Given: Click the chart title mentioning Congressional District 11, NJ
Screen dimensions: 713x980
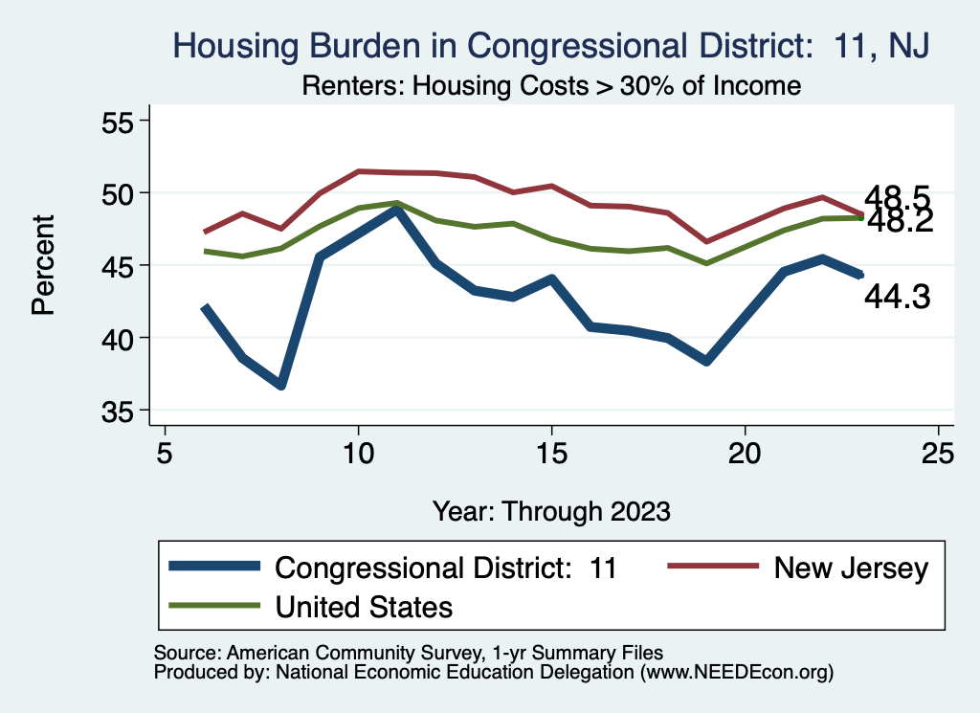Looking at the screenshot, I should pos(549,45).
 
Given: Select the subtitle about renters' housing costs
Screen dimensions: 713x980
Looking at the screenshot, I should pos(551,85).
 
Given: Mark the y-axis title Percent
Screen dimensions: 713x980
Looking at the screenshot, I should pos(42,266).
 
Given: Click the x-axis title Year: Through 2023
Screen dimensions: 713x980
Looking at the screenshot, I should pos(551,509).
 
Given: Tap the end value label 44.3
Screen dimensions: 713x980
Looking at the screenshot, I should pos(897,298).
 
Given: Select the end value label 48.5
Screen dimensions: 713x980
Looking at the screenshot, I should pos(897,198).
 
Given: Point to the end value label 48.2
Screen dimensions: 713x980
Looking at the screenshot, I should pos(897,221).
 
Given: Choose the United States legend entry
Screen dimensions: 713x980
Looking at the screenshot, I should pos(364,606).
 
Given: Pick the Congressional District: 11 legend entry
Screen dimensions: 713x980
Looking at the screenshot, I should pos(445,568).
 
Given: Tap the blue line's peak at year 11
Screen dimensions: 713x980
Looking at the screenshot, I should pos(396,209).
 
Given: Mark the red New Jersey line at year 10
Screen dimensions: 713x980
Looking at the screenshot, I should pos(358,171).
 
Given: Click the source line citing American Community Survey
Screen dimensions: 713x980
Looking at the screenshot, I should pos(409,653).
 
